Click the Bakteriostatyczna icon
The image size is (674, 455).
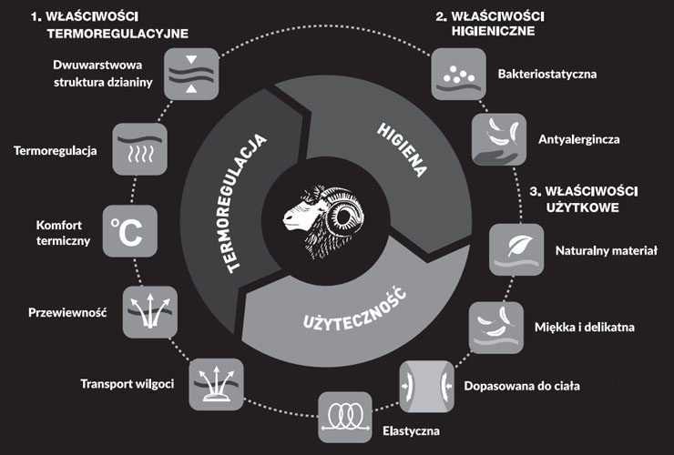tap(454, 73)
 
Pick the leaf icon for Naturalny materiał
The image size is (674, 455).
tap(516, 249)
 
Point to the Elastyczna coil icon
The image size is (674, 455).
tap(344, 416)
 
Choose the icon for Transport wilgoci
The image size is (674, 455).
tap(216, 383)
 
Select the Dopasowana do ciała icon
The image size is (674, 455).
tap(426, 385)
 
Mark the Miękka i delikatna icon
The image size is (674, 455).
tap(495, 327)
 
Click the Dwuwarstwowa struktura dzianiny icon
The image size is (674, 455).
tap(192, 74)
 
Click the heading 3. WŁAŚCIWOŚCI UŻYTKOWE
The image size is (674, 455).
tap(584, 199)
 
